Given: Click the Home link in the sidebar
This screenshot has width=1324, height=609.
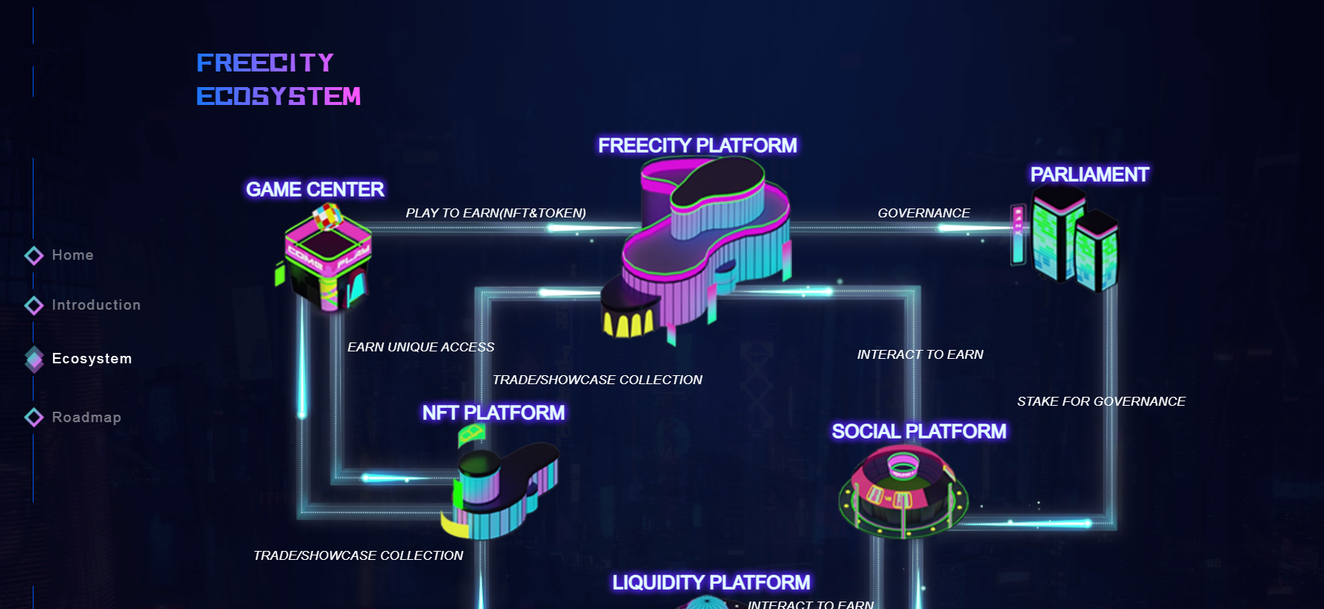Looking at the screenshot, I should pyautogui.click(x=72, y=255).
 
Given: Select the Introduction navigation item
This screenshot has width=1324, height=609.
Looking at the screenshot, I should pyautogui.click(x=96, y=305).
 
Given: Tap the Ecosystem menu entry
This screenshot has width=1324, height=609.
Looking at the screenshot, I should pyautogui.click(x=92, y=359).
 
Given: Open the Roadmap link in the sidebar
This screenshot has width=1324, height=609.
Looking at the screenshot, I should pyautogui.click(x=86, y=418).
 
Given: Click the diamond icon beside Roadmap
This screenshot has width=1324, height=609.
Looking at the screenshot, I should pyautogui.click(x=34, y=417).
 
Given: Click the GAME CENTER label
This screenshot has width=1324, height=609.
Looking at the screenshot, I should pyautogui.click(x=315, y=190).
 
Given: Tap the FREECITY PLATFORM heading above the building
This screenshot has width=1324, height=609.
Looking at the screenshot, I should pyautogui.click(x=697, y=146).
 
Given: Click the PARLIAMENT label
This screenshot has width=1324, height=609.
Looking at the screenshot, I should pyautogui.click(x=1089, y=175).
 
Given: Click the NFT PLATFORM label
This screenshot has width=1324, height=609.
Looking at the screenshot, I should pyautogui.click(x=493, y=413).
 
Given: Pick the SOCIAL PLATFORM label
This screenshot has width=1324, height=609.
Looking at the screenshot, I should pyautogui.click(x=919, y=432).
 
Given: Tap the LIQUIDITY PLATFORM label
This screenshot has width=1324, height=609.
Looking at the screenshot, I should pyautogui.click(x=711, y=583).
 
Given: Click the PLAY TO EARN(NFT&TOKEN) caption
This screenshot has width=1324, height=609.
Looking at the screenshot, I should pyautogui.click(x=495, y=214).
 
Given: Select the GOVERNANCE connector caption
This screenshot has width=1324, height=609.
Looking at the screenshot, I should pyautogui.click(x=924, y=214).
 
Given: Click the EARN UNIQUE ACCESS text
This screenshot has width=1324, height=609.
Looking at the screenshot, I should pyautogui.click(x=421, y=348).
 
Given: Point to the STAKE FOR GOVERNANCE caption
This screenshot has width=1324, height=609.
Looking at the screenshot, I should pyautogui.click(x=1101, y=402).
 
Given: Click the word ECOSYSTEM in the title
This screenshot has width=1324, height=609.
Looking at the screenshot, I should pyautogui.click(x=279, y=97).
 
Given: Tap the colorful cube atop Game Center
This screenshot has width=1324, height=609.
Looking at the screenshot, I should pyautogui.click(x=327, y=217).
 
